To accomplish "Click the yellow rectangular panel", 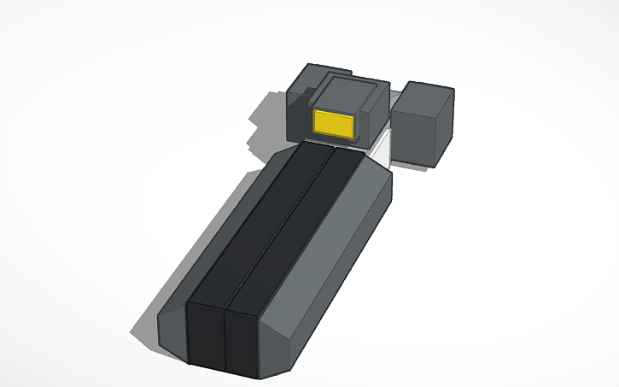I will click(x=334, y=123).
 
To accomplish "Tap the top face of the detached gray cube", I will click(x=429, y=91).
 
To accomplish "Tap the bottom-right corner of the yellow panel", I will click(x=353, y=137).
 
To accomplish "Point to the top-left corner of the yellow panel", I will click(x=315, y=111).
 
